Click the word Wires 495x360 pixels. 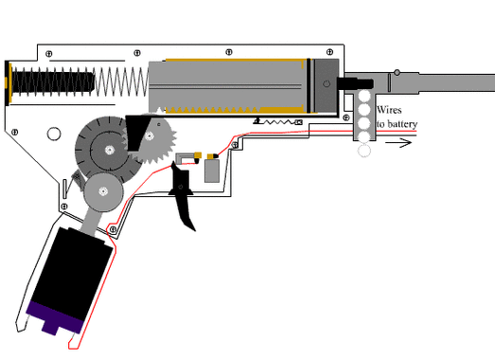[x=389, y=110]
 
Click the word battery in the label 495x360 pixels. [x=402, y=124]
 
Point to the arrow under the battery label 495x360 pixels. [x=398, y=143]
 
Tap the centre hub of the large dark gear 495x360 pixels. [x=109, y=150]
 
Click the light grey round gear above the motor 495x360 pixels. [x=103, y=191]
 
